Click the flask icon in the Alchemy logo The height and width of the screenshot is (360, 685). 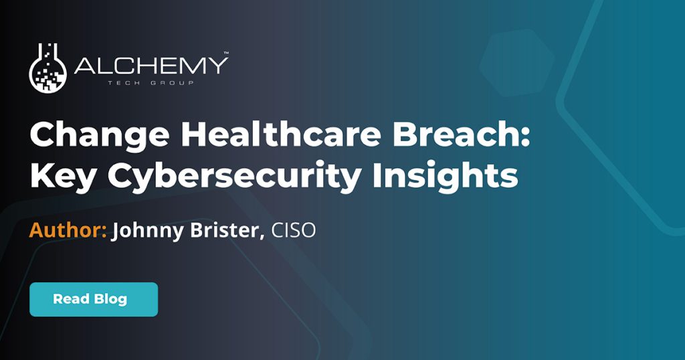(48, 68)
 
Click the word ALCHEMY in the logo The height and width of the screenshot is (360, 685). (151, 66)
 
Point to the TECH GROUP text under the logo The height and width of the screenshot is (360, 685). (151, 83)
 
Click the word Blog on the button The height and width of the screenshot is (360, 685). (110, 299)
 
